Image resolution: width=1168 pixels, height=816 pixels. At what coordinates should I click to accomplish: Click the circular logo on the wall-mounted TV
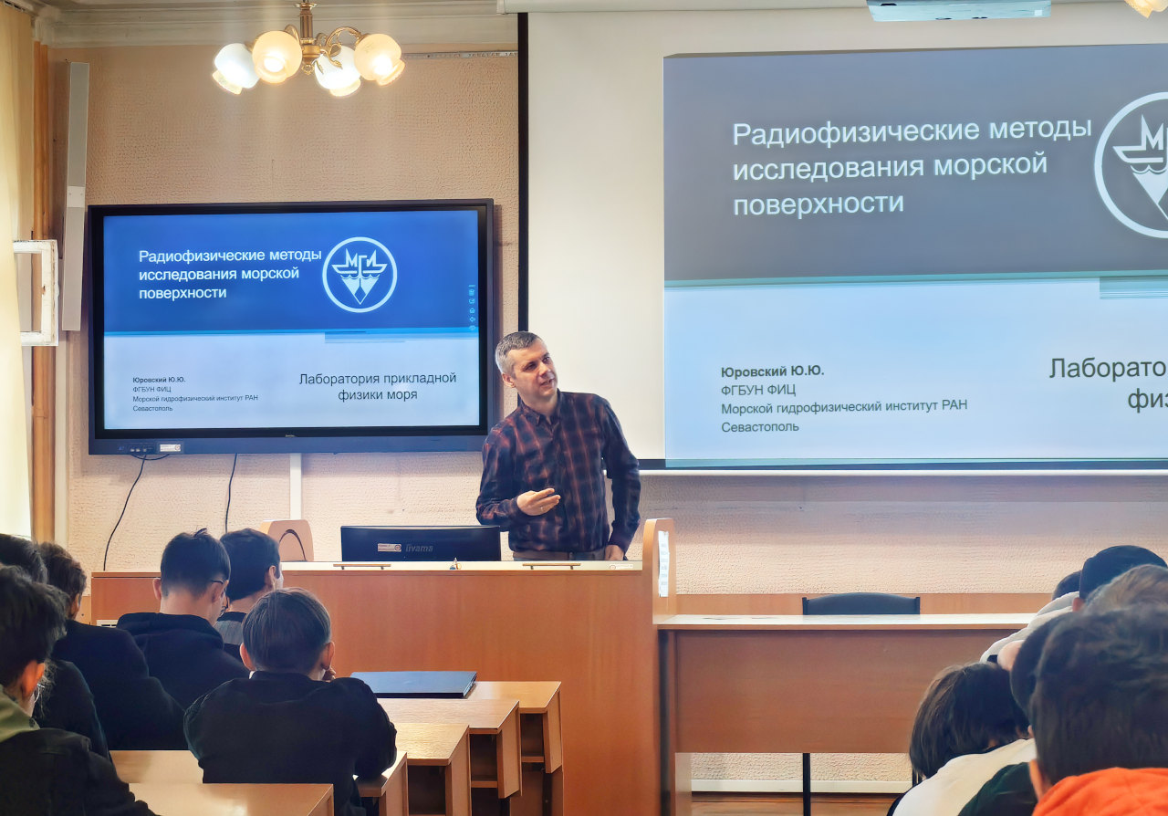360,275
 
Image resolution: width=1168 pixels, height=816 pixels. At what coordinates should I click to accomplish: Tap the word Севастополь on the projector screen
759,426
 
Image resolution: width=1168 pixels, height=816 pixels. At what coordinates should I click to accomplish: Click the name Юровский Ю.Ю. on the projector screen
772,371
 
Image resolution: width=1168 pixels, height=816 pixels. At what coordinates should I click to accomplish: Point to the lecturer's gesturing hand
537,501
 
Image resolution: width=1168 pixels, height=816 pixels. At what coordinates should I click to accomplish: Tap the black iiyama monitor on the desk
420,543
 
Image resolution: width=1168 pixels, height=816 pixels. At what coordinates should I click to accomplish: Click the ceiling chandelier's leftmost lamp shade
235,68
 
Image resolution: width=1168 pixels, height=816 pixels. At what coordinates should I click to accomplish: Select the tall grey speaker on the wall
75,195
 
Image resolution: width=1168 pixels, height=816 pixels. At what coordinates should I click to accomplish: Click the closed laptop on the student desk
416,683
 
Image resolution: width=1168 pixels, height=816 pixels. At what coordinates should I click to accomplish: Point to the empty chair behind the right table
860,603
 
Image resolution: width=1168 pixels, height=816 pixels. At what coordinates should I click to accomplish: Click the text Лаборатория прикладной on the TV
378,378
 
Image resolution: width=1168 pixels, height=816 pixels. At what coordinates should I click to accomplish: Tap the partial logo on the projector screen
1132,164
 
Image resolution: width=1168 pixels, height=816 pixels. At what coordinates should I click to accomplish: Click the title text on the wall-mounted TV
229,273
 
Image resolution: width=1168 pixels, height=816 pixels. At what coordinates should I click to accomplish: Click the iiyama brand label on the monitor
419,548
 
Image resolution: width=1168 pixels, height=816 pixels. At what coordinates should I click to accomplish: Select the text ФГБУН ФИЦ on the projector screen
757,390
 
